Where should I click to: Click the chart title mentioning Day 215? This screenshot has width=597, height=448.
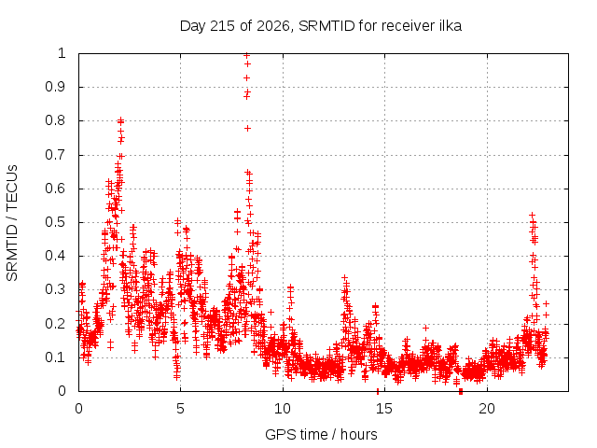click(321, 26)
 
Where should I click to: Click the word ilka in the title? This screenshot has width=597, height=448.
click(449, 26)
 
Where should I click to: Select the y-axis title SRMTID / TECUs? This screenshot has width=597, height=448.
click(12, 223)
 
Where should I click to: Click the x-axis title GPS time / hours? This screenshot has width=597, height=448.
click(321, 434)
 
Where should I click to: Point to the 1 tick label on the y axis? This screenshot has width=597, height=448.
click(62, 53)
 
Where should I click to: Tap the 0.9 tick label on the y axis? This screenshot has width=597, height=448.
click(55, 87)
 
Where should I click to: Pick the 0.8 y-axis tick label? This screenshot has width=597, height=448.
click(55, 120)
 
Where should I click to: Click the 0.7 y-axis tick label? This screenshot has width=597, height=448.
click(55, 155)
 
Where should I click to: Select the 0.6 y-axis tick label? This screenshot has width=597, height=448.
click(55, 189)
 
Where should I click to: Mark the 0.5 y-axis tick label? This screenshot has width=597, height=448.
click(55, 222)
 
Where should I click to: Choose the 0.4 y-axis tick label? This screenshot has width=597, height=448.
click(55, 256)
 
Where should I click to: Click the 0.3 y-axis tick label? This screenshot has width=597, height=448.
click(55, 289)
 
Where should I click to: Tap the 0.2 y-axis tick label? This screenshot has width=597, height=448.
click(55, 324)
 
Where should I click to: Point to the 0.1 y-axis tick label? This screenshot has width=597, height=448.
click(55, 357)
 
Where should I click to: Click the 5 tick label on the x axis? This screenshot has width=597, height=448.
click(180, 409)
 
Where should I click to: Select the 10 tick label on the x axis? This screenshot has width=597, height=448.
click(283, 409)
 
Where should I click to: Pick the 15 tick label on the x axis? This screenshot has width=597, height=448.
click(384, 409)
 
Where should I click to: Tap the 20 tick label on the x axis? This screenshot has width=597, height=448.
click(487, 409)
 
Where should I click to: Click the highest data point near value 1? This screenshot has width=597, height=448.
click(246, 56)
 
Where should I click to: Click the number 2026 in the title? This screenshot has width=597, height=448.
click(272, 26)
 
